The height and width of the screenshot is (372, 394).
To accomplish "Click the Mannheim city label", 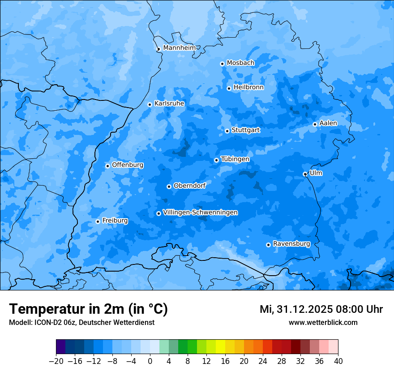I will click(179, 48).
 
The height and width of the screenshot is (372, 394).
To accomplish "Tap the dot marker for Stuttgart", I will click(227, 131).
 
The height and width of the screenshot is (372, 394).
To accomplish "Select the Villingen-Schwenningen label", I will click(200, 212).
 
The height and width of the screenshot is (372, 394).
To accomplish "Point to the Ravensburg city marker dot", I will click(268, 245).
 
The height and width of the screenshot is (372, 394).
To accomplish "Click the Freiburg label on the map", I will click(115, 221).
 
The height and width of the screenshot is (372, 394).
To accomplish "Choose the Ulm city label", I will click(316, 173).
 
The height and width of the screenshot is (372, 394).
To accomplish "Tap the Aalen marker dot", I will click(315, 124).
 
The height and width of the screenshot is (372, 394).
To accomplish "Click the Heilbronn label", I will click(248, 87).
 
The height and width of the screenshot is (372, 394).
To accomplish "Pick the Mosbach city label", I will click(240, 63).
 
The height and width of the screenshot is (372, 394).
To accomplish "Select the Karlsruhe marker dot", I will click(150, 104).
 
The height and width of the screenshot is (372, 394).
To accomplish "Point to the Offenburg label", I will click(128, 165).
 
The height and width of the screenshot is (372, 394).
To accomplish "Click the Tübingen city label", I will click(235, 159).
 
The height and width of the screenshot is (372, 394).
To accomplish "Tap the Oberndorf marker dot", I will click(169, 186).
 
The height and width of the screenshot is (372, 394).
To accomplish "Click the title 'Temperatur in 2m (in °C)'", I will click(88, 309).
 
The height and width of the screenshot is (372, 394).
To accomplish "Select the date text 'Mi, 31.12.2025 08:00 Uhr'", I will click(321, 309).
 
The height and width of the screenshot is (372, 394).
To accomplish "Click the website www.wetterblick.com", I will click(323, 323).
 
